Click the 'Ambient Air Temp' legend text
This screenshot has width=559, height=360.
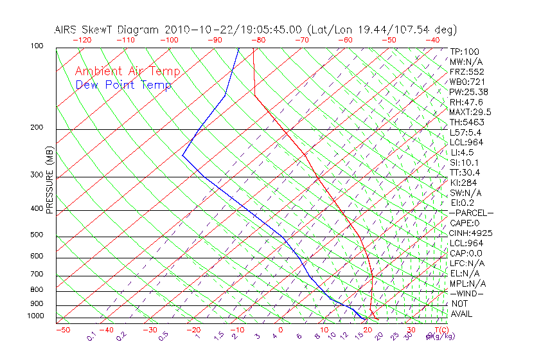(127, 71)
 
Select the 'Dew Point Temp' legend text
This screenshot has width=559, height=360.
(123, 85)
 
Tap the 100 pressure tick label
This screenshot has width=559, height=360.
(37, 46)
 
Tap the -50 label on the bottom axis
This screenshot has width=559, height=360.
(62, 330)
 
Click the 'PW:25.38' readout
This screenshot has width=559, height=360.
(468, 92)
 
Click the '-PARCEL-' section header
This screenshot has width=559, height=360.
(471, 213)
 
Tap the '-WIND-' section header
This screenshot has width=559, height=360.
(467, 293)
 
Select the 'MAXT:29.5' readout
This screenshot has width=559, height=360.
(470, 112)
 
